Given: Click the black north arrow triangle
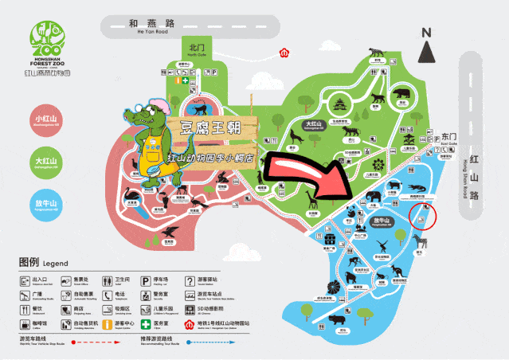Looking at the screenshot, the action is pyautogui.click(x=427, y=53).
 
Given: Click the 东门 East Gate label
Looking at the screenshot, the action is pyautogui.click(x=449, y=137).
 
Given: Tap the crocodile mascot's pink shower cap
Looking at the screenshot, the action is pyautogui.click(x=159, y=107).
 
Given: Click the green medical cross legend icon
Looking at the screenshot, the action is pyautogui.click(x=145, y=324).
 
